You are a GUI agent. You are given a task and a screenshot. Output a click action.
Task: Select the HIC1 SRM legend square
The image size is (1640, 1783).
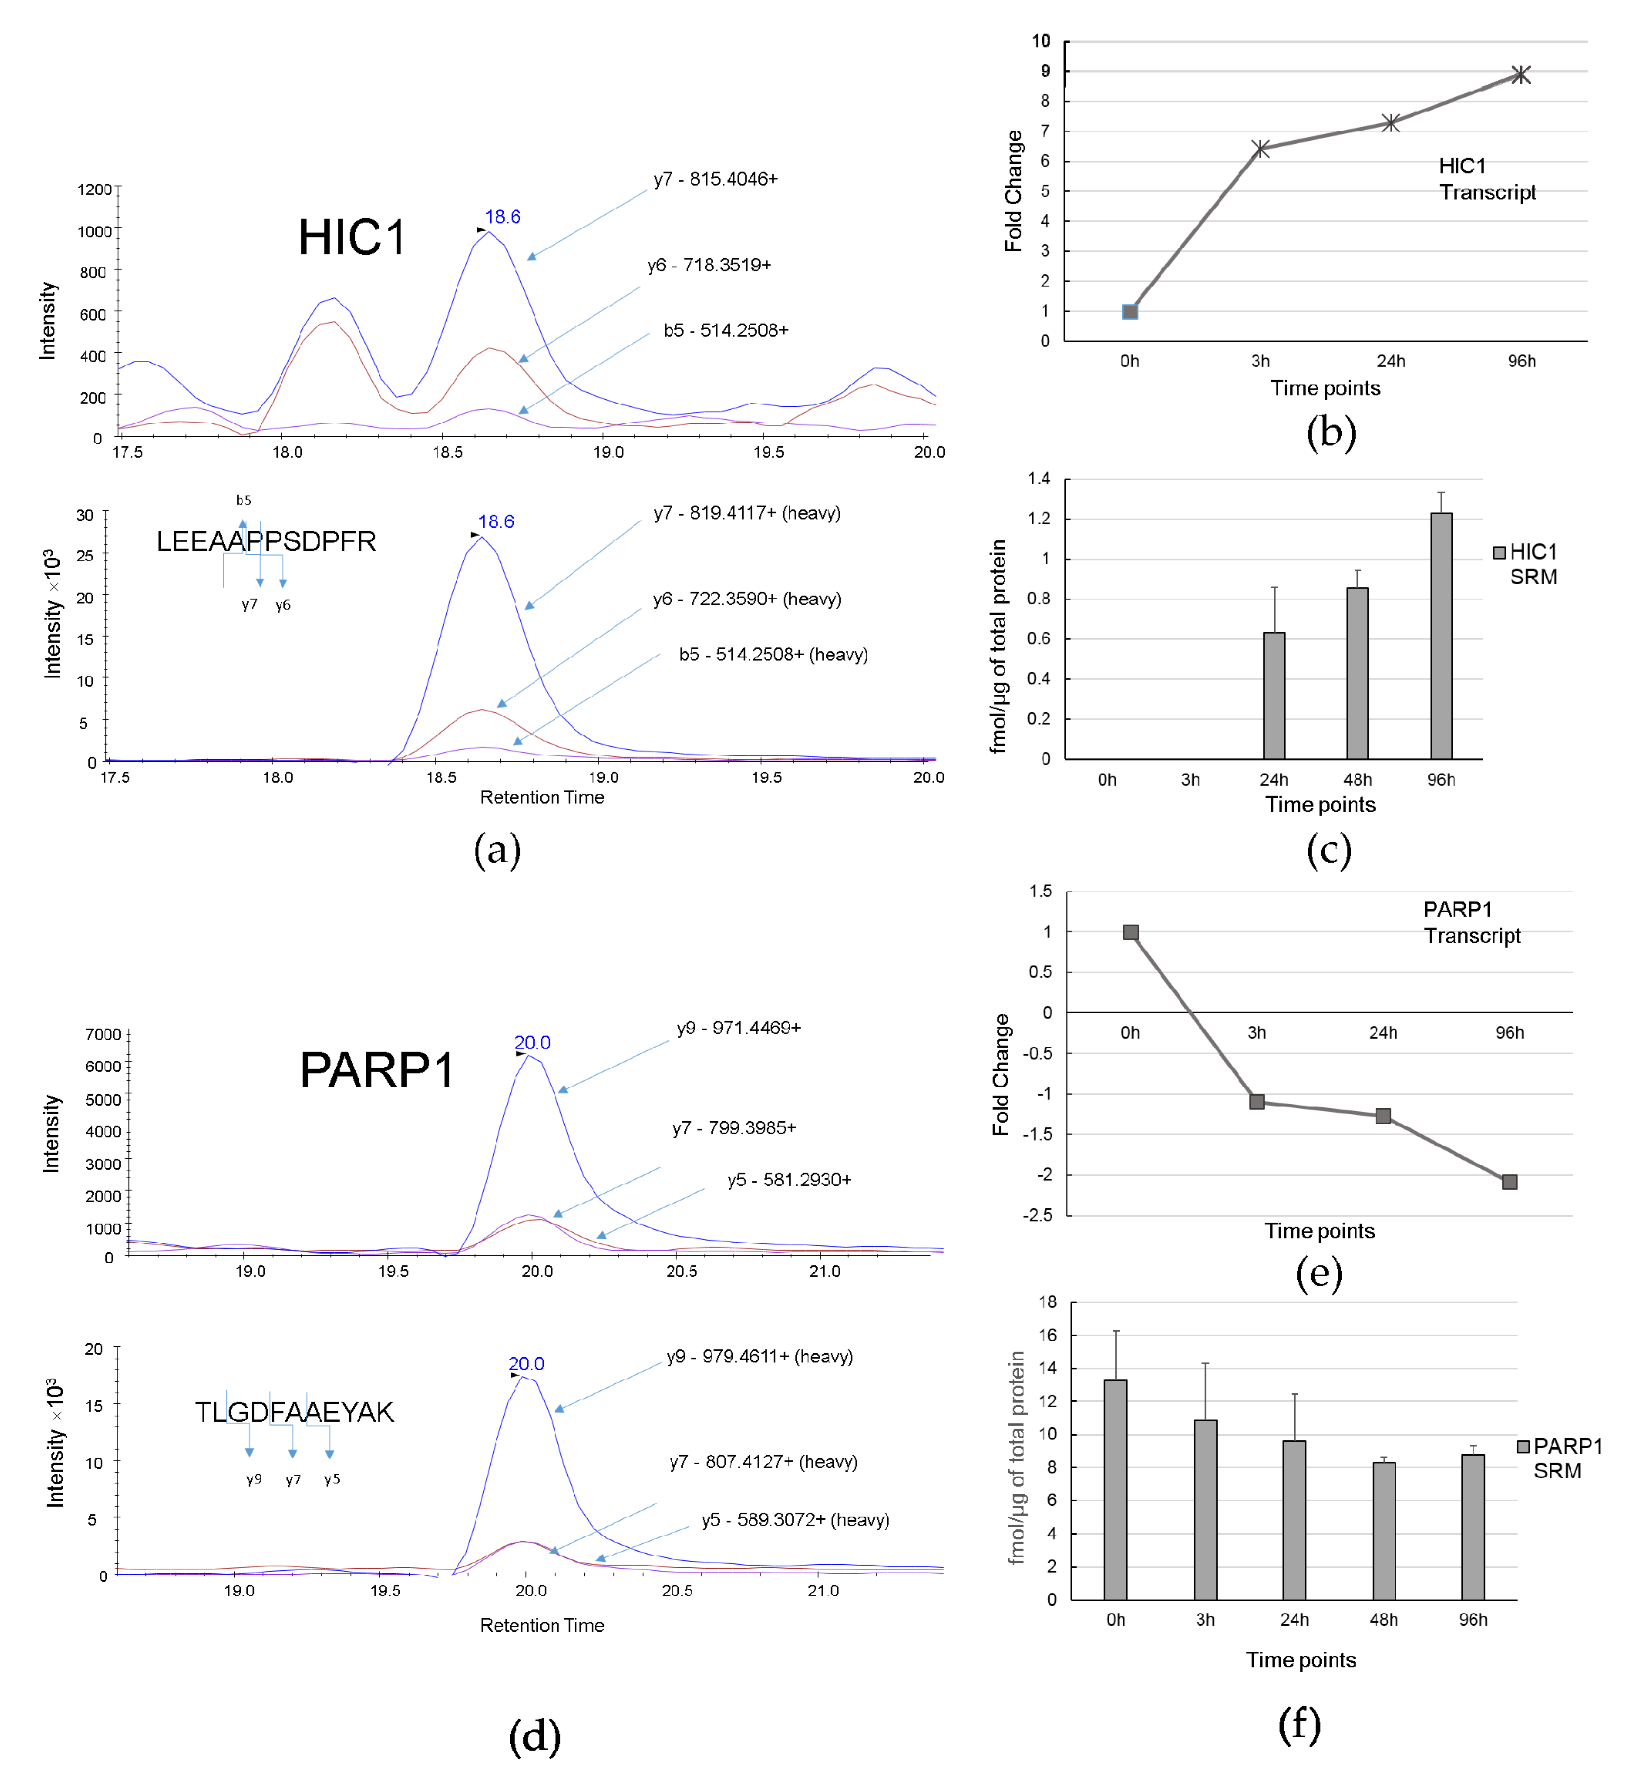(1499, 553)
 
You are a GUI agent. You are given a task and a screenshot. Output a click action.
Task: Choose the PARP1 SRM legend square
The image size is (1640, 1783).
(1523, 1447)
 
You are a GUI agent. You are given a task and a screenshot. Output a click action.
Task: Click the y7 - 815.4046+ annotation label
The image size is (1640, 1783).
(715, 179)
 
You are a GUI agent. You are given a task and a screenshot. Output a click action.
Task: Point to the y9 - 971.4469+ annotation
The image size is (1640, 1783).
(738, 1028)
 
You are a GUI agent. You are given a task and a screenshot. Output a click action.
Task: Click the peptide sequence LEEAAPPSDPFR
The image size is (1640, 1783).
(266, 542)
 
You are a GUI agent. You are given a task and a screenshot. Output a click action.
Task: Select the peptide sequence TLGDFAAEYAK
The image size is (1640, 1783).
(294, 1412)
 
